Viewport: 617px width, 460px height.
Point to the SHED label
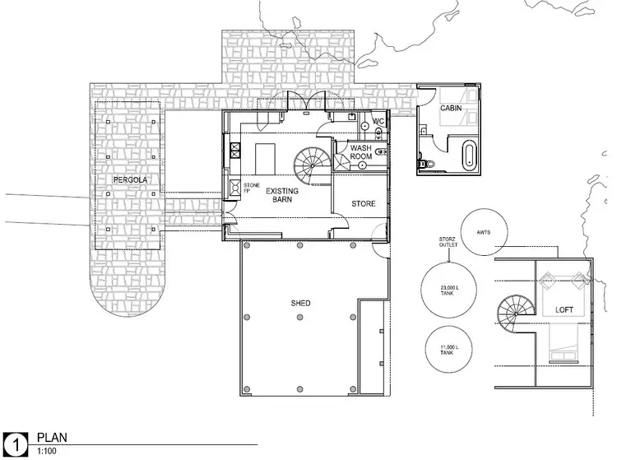(300, 304)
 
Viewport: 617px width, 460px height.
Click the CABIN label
(450, 108)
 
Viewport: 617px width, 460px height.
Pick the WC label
(378, 122)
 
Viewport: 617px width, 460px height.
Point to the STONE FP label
(251, 188)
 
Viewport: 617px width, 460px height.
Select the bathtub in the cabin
(469, 155)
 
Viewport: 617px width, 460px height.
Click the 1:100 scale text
(44, 451)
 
